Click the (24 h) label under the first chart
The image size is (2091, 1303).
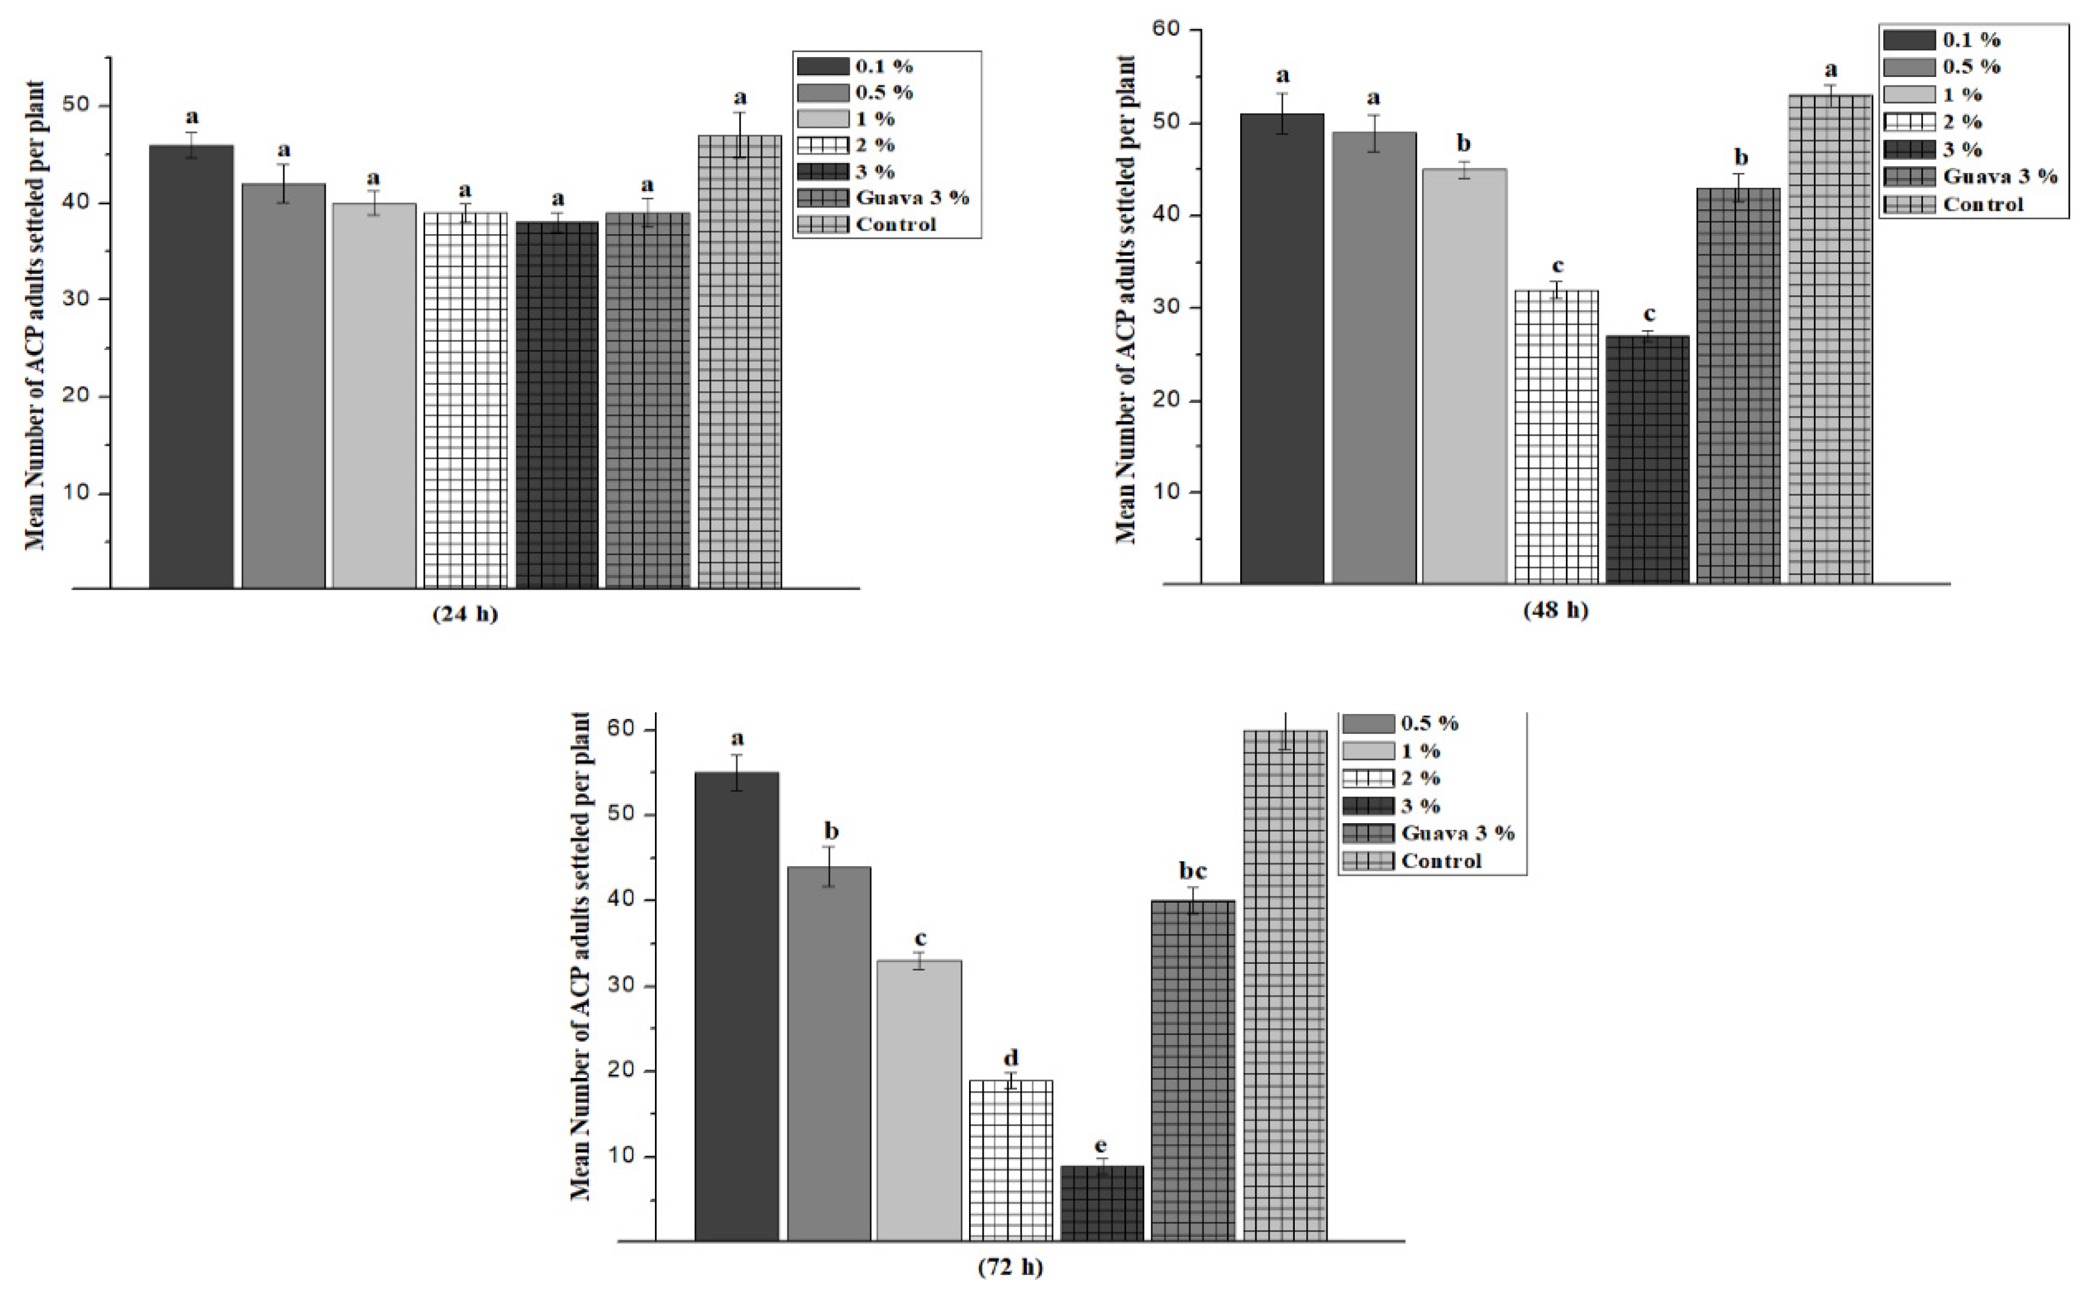click(465, 614)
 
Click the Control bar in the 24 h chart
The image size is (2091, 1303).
click(739, 362)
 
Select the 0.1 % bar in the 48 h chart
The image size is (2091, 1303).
click(1282, 349)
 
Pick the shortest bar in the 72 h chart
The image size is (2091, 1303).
click(1102, 1204)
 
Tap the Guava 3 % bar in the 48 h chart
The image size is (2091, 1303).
click(1738, 386)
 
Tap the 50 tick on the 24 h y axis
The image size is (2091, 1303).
click(76, 105)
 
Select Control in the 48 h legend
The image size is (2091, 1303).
click(1982, 205)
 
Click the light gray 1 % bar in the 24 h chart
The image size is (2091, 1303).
click(374, 396)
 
